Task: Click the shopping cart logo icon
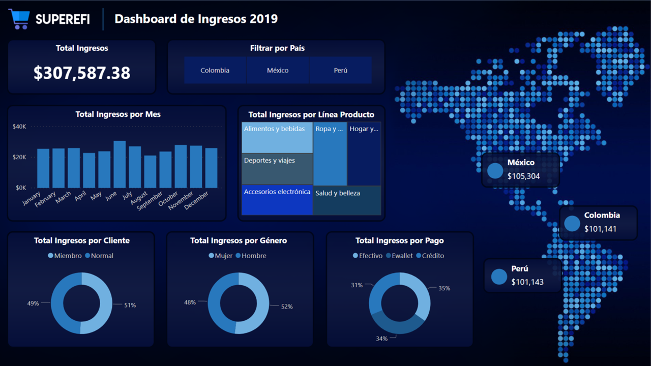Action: (19, 19)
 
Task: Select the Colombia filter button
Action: (215, 70)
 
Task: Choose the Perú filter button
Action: (340, 70)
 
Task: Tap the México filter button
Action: (278, 70)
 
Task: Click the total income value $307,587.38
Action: (82, 73)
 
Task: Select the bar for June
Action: (120, 165)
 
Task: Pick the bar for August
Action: (150, 172)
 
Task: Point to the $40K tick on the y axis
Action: (19, 127)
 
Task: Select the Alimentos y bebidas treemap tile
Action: (277, 138)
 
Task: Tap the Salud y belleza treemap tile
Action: (347, 200)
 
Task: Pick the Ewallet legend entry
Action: (402, 256)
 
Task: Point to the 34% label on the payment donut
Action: (381, 338)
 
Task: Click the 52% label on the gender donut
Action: (287, 307)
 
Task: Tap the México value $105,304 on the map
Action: (523, 176)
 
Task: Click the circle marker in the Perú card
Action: (499, 277)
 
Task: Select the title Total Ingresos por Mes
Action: (118, 114)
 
